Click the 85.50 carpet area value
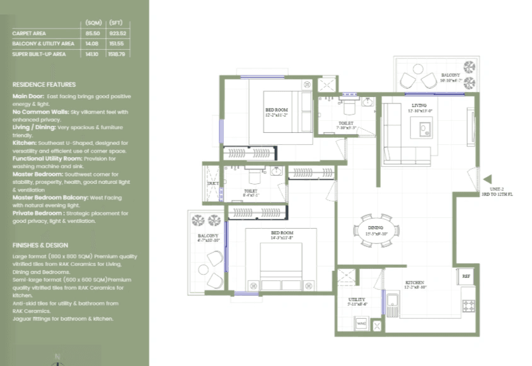coord(92,33)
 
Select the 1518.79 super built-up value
coord(117,54)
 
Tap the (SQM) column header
coord(93,23)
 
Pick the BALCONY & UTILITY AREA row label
coord(43,43)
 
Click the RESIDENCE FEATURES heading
coord(44,84)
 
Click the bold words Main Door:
coord(28,96)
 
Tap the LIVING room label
coord(419,105)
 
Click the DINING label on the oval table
coord(376,227)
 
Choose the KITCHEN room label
coord(414,282)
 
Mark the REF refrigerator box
coord(466,276)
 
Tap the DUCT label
coord(212,183)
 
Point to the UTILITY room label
coord(357,300)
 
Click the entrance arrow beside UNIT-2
coord(486,180)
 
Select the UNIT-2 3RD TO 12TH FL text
coord(497,192)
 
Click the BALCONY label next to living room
coord(450,75)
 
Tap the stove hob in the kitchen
coord(468,306)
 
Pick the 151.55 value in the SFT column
coord(117,43)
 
